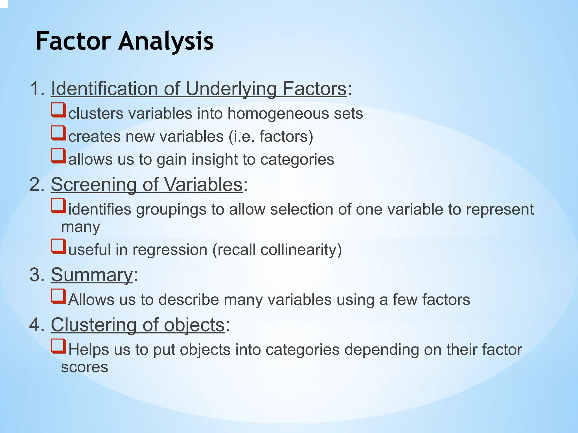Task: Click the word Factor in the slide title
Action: pos(73,41)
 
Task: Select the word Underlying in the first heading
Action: pos(231,89)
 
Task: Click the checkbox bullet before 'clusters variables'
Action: pos(59,110)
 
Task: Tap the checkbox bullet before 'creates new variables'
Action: pos(59,133)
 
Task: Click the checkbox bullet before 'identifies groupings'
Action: pos(59,206)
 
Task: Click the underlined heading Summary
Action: pos(92,275)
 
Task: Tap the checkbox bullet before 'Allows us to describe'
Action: pos(59,296)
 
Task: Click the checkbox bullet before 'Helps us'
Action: pos(59,346)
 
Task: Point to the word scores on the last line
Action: pos(85,367)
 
